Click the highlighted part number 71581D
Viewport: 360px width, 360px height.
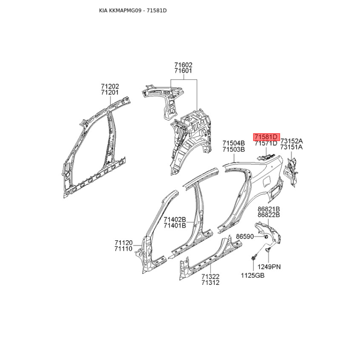click(266, 137)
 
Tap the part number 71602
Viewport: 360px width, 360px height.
click(183, 65)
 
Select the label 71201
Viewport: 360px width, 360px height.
click(110, 93)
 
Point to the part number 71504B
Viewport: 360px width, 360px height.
click(234, 143)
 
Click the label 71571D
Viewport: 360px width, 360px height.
click(266, 144)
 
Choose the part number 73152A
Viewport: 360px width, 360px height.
click(292, 141)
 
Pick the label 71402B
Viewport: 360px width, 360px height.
click(175, 220)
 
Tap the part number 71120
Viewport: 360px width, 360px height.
click(123, 243)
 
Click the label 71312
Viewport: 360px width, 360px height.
click(210, 283)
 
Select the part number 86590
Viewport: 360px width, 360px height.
click(245, 236)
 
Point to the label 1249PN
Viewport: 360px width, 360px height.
click(269, 267)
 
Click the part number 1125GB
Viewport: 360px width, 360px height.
click(252, 275)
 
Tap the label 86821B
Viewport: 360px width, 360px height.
click(269, 209)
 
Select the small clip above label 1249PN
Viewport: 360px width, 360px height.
click(268, 250)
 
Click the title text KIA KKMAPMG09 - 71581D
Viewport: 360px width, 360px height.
click(133, 10)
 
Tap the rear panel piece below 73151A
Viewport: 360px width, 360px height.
click(291, 171)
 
